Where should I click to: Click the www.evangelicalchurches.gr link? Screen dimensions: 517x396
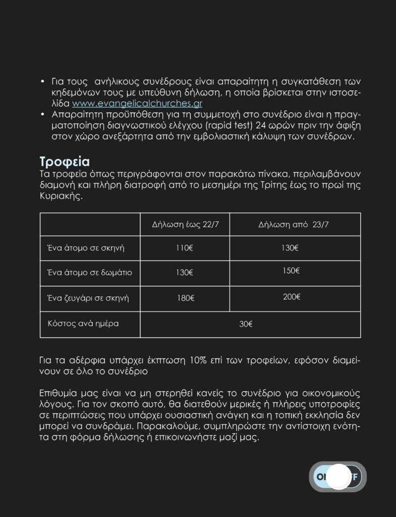[137, 104]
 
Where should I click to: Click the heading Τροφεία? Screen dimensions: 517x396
[65, 162]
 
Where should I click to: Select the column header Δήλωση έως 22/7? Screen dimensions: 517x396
[185, 225]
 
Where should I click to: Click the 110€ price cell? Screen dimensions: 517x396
[185, 248]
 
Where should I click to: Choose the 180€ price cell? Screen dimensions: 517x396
[185, 298]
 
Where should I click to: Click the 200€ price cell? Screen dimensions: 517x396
[292, 297]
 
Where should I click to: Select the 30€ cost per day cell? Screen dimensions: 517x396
[246, 324]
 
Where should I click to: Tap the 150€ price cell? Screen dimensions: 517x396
[292, 271]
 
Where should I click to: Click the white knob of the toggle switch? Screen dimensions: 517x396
[337, 477]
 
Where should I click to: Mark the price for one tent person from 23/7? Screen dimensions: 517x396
[290, 248]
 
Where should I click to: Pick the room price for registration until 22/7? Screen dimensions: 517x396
[185, 273]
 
